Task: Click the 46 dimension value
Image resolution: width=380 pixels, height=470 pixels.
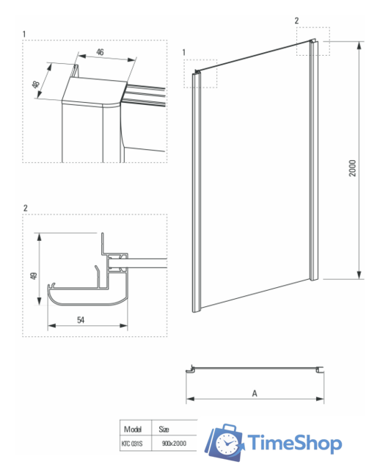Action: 100,52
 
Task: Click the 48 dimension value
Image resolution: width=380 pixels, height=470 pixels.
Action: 36,84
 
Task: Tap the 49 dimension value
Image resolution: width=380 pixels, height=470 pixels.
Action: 34,276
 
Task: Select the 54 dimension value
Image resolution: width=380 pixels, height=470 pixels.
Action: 81,320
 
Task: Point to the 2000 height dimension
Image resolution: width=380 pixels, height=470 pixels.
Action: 353,168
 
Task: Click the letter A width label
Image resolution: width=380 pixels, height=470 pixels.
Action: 255,394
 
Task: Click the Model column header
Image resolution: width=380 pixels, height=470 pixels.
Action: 133,429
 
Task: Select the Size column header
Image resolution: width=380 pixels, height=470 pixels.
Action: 164,429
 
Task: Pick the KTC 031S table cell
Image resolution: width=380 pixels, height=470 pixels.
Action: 132,444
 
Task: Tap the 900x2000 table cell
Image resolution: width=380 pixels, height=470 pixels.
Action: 174,443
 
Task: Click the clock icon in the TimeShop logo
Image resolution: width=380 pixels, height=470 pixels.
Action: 227,444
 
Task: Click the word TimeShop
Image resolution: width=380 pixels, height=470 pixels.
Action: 295,443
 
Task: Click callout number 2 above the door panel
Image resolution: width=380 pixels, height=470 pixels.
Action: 296,21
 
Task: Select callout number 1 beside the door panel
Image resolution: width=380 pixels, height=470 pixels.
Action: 184,52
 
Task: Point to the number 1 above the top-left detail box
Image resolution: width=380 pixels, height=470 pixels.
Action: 24,35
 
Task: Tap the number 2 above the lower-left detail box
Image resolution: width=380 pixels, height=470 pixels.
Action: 25,208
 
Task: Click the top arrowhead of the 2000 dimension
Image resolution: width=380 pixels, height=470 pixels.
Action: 359,46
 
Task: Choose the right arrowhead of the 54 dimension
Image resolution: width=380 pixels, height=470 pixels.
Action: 123,325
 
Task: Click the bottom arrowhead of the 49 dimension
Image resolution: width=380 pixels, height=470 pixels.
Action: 39,300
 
